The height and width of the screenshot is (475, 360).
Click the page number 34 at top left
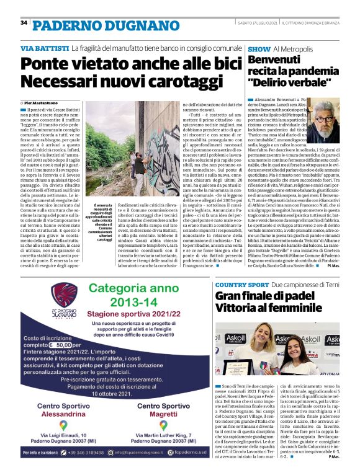tap(24, 23)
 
